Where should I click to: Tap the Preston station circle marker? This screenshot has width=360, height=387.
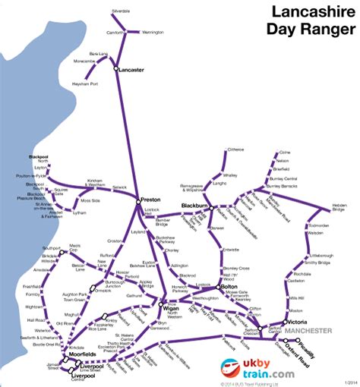pyautogui.click(x=138, y=201)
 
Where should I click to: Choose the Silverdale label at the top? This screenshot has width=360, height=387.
pyautogui.click(x=121, y=12)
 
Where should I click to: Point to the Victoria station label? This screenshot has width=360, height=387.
pyautogui.click(x=298, y=322)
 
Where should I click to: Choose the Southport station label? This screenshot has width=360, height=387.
pyautogui.click(x=52, y=248)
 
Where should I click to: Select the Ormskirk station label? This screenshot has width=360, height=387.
pyautogui.click(x=103, y=291)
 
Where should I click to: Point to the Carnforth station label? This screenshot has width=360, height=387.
pyautogui.click(x=115, y=33)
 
